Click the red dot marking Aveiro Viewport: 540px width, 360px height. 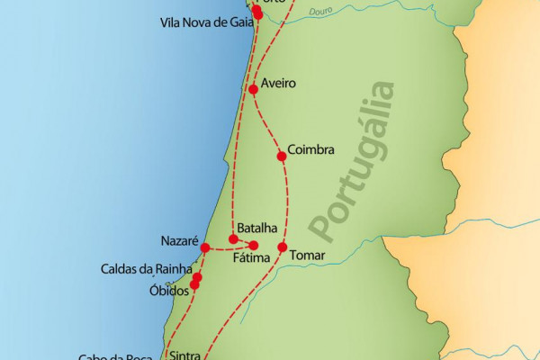click(x=253, y=88)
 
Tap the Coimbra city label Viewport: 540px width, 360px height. click(x=310, y=148)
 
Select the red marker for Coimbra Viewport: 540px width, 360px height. click(x=282, y=156)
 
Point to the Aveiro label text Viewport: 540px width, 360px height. click(x=278, y=83)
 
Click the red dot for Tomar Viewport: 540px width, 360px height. click(x=282, y=247)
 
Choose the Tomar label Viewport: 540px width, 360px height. click(x=306, y=256)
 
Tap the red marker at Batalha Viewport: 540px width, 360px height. click(x=233, y=239)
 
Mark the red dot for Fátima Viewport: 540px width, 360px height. click(x=254, y=246)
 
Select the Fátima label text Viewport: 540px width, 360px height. click(x=250, y=259)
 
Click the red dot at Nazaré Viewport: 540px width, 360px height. click(x=205, y=247)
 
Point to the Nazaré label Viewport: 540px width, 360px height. click(x=177, y=241)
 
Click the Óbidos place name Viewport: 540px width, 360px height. click(x=168, y=292)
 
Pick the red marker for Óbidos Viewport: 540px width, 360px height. click(x=194, y=285)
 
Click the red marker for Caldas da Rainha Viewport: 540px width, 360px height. click(x=198, y=277)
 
